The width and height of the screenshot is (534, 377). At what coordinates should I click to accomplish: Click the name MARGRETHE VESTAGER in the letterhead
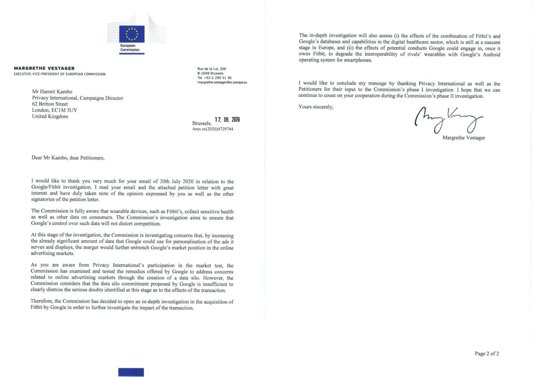click(44, 68)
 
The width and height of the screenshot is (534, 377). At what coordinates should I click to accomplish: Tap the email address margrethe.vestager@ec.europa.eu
click(222, 82)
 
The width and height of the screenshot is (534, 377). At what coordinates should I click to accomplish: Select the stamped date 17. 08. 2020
click(227, 120)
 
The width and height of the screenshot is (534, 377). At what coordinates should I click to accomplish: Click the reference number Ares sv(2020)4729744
click(212, 129)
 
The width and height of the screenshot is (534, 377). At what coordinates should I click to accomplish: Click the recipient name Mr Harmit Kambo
click(52, 92)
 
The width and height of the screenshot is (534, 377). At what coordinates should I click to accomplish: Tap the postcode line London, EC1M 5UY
click(55, 110)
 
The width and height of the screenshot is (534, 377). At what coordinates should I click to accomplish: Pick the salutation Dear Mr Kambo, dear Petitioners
click(68, 158)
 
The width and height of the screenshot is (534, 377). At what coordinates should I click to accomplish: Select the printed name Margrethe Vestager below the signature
click(463, 138)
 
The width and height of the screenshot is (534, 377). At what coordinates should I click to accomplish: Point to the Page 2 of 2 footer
click(486, 354)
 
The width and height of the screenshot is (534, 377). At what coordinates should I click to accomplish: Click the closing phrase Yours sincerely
click(316, 107)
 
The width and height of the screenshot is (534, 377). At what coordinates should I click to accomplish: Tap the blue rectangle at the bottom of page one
click(131, 372)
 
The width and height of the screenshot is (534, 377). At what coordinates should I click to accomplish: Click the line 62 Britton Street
click(50, 104)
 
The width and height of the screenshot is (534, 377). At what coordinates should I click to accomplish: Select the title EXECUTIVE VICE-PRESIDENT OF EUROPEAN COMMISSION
click(59, 74)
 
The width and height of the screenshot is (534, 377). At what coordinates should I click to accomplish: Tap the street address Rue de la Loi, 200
click(212, 69)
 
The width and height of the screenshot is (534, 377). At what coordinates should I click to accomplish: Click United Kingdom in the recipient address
click(50, 116)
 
